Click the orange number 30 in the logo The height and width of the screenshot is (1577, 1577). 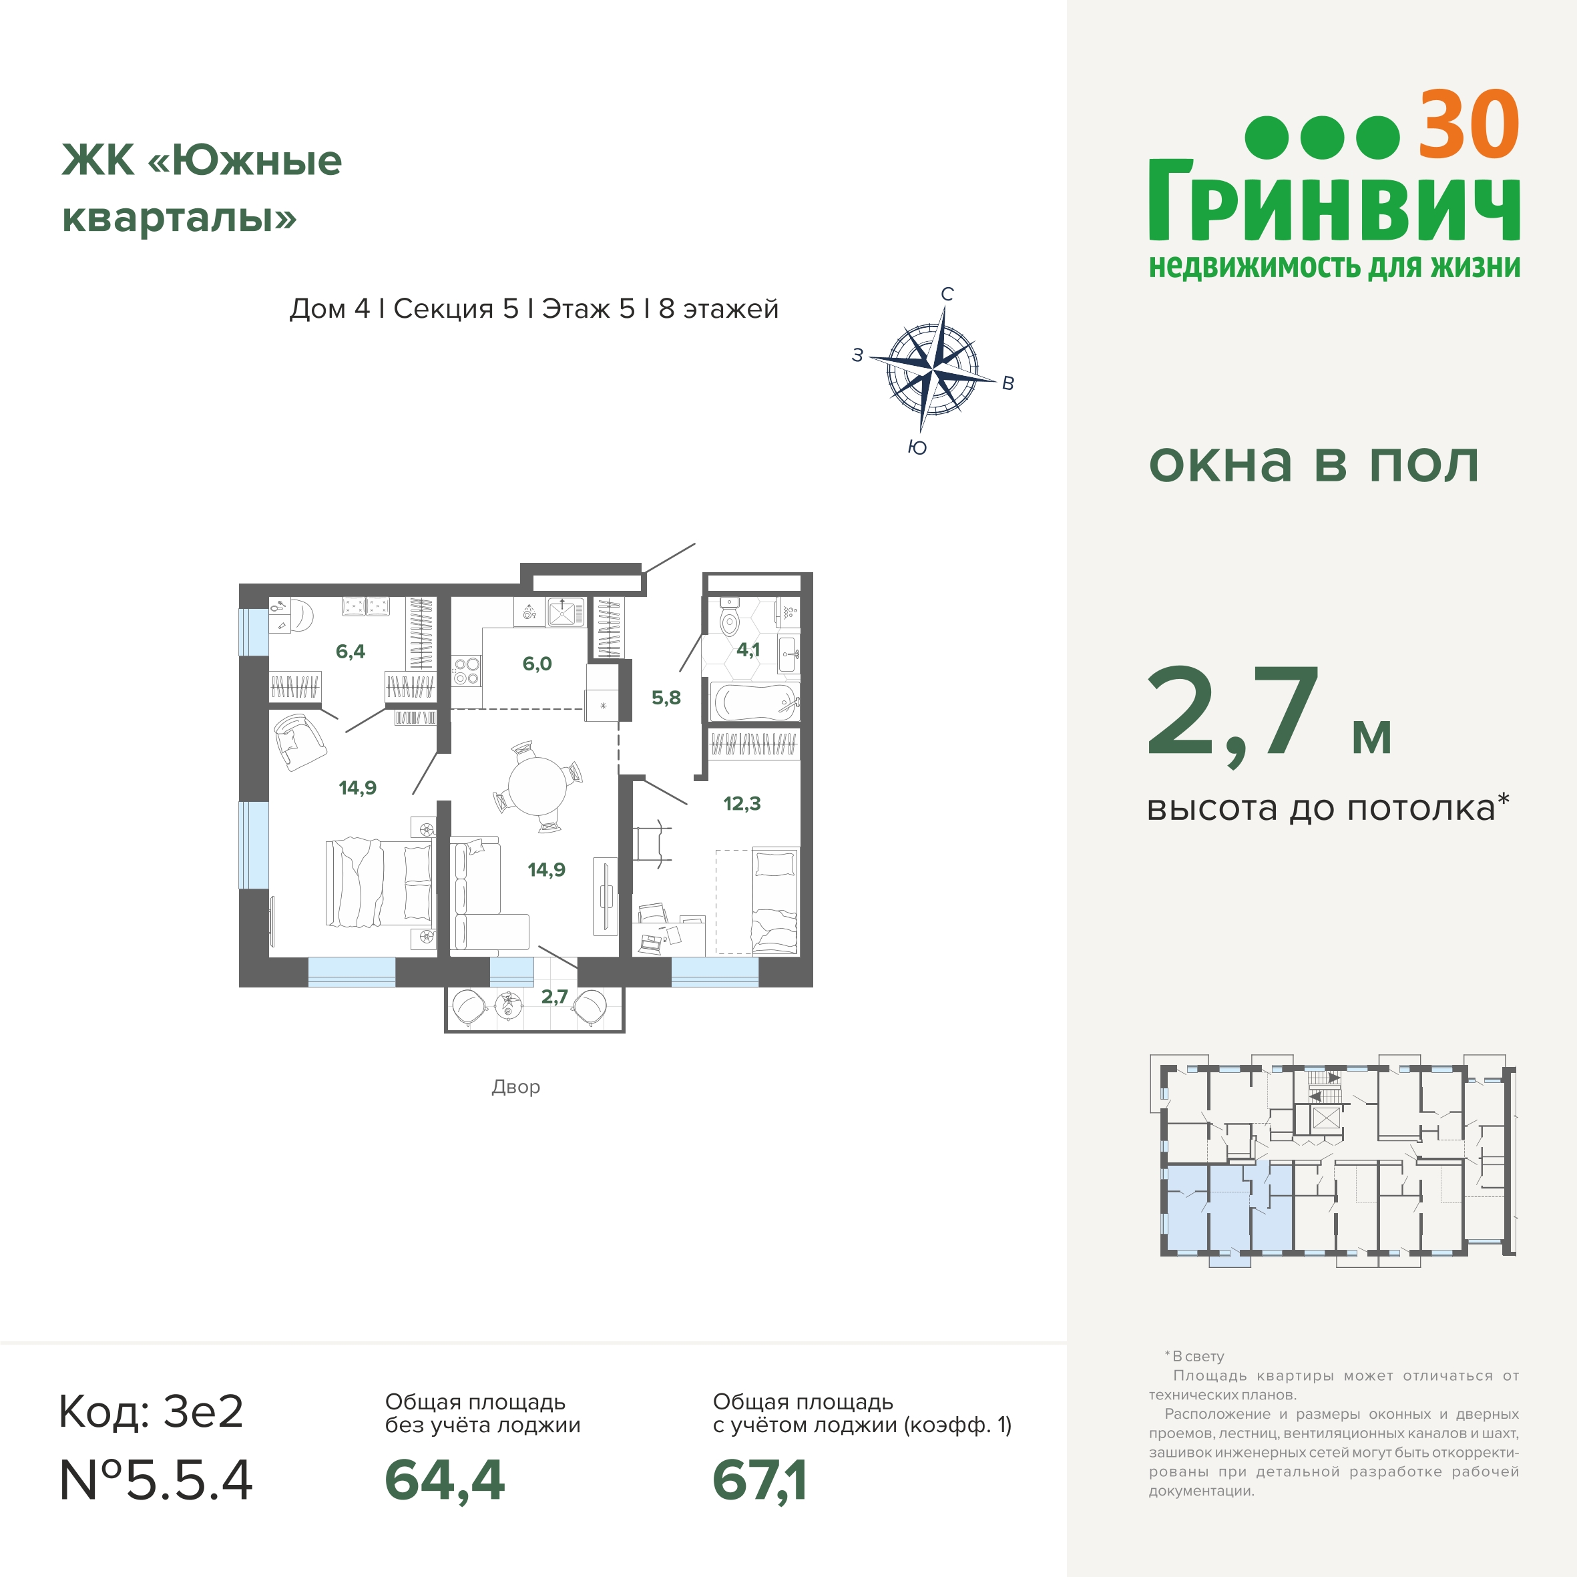coord(1468,124)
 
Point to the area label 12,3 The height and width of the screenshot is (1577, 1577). coord(741,804)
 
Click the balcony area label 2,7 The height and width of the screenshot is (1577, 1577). coord(554,997)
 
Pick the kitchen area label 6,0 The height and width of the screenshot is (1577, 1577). coord(537,664)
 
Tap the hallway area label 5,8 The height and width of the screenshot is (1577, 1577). coord(666,698)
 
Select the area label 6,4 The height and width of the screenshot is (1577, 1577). coord(350,652)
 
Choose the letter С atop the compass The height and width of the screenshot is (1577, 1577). coord(947,294)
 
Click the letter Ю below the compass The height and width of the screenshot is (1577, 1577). coord(917,447)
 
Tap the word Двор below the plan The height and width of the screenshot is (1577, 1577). coord(516,1086)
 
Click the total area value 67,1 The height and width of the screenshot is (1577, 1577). coord(760,1480)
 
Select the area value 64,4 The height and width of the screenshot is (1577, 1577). coord(445,1480)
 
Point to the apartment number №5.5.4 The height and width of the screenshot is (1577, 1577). coord(156,1480)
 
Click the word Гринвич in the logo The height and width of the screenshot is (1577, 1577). coord(1335,200)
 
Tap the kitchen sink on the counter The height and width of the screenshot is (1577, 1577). coord(566,612)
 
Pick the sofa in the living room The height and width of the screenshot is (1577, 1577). coord(481,895)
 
